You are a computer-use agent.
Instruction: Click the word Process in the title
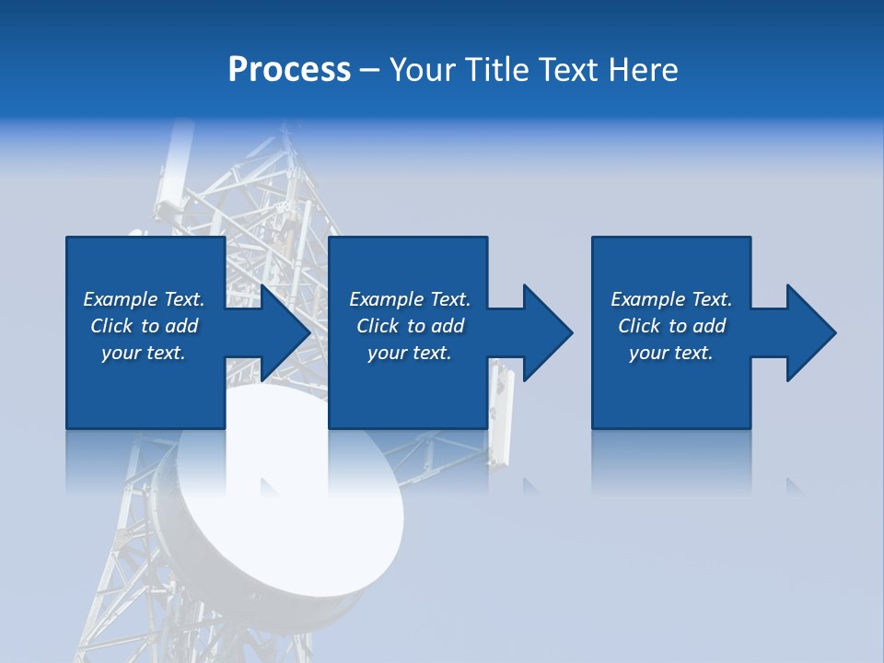pos(289,70)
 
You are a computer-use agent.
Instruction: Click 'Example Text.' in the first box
pos(144,299)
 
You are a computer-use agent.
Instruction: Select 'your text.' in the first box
pos(144,353)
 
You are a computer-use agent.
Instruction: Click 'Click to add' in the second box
pos(410,326)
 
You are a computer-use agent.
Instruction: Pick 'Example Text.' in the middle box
pos(410,299)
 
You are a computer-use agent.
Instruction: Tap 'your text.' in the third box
pos(671,353)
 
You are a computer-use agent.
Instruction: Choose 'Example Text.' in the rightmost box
pos(671,299)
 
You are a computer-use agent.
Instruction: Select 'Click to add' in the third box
pos(671,326)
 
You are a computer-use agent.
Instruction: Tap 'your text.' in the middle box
pos(410,353)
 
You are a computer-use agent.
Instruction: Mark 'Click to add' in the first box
pos(144,326)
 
